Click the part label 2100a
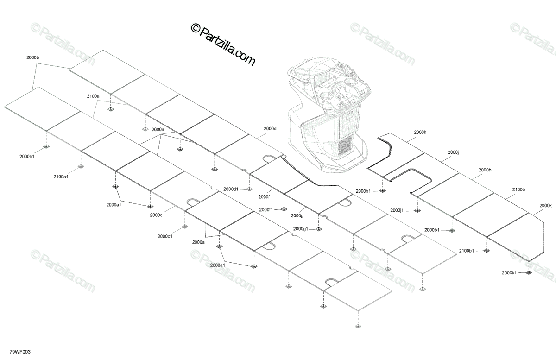click(x=93, y=96)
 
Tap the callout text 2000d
click(x=270, y=128)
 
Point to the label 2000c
click(x=156, y=215)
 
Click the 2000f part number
click(x=264, y=197)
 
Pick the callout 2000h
click(x=420, y=133)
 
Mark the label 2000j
click(x=453, y=152)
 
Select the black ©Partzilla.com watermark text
click(x=223, y=45)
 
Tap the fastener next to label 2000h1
click(x=382, y=191)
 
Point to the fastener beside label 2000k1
click(x=529, y=272)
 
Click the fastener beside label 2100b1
click(x=486, y=251)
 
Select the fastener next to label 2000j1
click(x=417, y=211)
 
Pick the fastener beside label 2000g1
click(x=318, y=229)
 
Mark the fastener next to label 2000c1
click(x=185, y=227)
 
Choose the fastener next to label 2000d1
click(x=249, y=189)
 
